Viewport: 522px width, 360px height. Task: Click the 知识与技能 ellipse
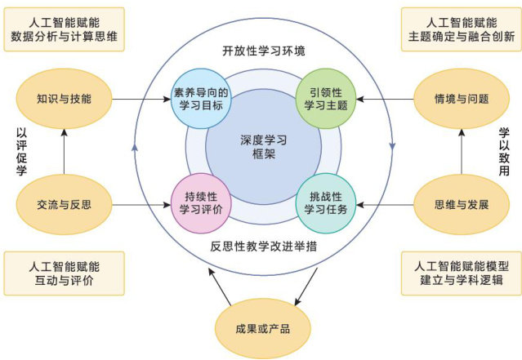click(x=64, y=100)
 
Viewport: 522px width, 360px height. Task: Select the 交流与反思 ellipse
click(x=64, y=203)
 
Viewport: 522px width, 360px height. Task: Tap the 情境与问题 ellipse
click(x=462, y=100)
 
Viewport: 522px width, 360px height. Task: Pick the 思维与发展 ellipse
click(x=462, y=203)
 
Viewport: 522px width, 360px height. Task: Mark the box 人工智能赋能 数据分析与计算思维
click(x=64, y=29)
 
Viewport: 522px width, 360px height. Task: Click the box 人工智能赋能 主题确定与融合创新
click(x=462, y=29)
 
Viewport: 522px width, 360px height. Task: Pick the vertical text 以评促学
click(x=22, y=151)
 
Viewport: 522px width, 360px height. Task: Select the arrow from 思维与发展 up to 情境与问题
click(x=462, y=152)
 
